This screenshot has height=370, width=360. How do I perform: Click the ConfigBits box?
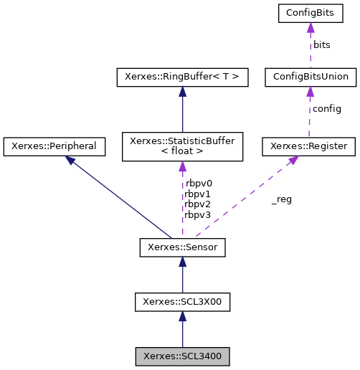tap(310, 13)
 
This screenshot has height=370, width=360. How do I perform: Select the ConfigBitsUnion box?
tap(310, 77)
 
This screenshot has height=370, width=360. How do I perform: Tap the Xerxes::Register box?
tap(309, 146)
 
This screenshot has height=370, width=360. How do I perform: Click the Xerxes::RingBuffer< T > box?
tap(182, 77)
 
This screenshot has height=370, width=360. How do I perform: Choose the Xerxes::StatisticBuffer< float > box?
tap(182, 146)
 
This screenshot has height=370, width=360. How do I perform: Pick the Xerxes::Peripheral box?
tap(55, 146)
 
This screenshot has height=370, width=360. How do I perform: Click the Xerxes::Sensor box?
tap(182, 248)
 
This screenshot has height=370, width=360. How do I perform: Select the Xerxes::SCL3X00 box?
tap(182, 302)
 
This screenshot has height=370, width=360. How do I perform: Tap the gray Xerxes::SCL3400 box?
tap(182, 356)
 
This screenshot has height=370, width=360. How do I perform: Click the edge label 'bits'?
tap(321, 44)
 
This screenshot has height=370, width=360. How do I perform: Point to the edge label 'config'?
tap(326, 109)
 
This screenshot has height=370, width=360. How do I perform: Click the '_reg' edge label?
tap(281, 199)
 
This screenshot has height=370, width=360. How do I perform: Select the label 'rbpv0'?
tap(198, 183)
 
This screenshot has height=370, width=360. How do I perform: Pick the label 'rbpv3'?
tap(198, 214)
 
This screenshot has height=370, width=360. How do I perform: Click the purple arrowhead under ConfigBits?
tap(310, 28)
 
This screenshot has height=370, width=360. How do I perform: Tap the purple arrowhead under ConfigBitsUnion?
tap(310, 92)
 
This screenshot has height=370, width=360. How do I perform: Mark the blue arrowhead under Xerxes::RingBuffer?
tap(182, 92)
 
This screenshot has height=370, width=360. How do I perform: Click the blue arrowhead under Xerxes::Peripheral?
tap(72, 161)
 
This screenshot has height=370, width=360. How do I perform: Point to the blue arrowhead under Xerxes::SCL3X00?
tap(182, 317)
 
